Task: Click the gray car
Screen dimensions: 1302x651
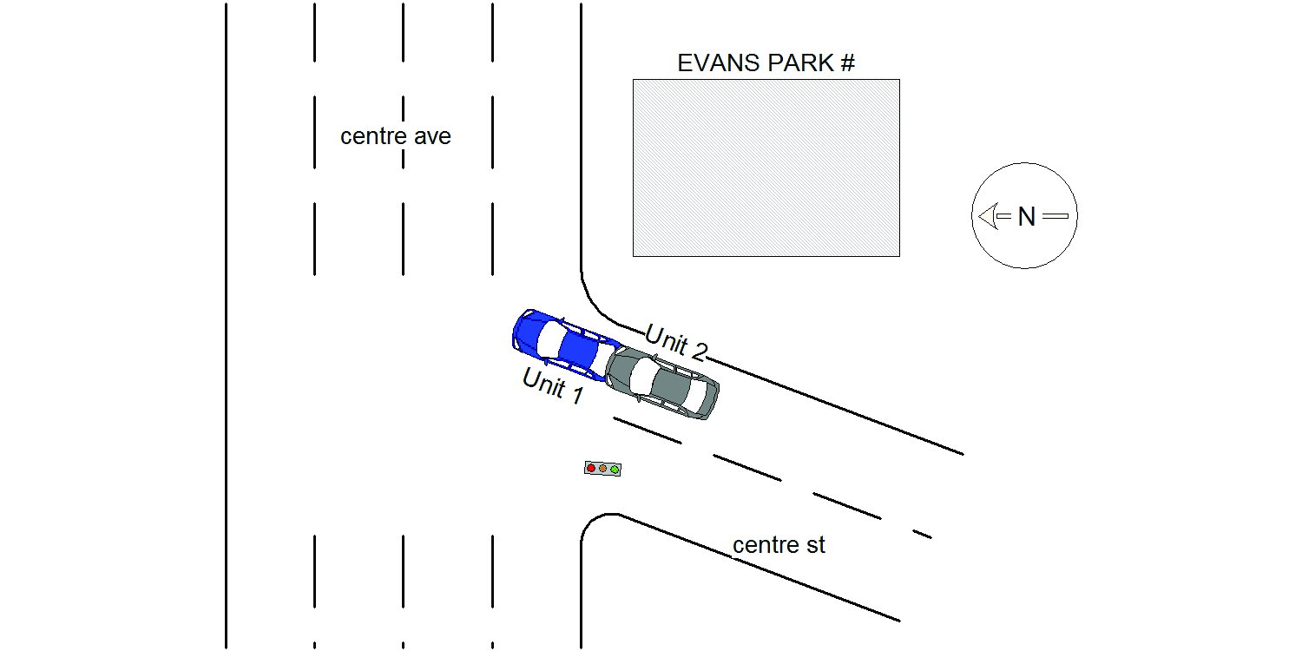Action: coord(662,382)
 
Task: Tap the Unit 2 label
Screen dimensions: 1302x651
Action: coord(676,343)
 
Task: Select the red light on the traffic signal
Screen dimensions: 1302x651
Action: coord(591,468)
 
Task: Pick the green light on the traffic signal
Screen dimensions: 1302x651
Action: coord(615,470)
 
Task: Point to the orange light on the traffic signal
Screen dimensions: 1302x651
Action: coord(602,469)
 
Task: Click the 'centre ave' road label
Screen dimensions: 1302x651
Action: coord(395,136)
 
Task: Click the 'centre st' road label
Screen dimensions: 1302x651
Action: coord(779,545)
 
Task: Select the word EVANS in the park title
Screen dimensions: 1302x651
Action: coord(718,62)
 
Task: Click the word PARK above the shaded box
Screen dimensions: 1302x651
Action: coord(801,62)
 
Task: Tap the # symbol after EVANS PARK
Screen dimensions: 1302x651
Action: coord(849,62)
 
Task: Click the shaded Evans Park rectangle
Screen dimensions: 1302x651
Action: coord(766,168)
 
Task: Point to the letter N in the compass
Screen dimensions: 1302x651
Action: coord(1027,216)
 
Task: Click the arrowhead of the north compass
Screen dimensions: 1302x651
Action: coord(988,216)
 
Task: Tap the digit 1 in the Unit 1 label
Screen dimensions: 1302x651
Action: coord(577,395)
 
